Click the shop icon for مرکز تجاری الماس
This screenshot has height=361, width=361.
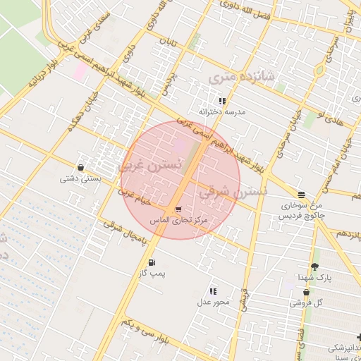(178, 209)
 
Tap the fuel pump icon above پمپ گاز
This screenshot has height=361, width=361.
(152, 262)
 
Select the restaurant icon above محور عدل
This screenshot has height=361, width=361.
(214, 290)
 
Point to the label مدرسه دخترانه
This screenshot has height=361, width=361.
(221, 112)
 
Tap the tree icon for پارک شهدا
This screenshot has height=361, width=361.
(314, 267)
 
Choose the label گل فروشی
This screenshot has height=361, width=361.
(306, 303)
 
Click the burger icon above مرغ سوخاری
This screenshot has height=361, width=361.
(302, 194)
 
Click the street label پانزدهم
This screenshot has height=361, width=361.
(348, 232)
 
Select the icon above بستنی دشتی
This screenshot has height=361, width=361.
(81, 168)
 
